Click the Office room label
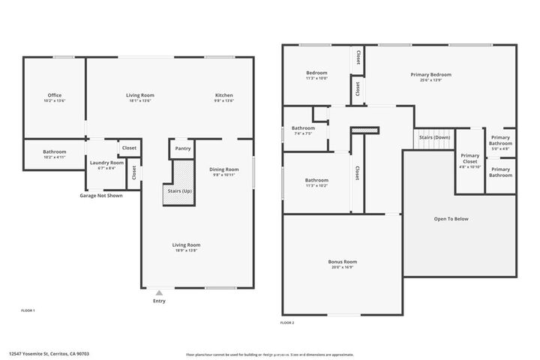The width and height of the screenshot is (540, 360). tap(54, 95)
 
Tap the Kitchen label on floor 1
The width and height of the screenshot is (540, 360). tap(224, 95)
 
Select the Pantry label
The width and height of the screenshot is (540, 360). tap(183, 148)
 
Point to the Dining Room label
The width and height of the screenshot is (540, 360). tap(223, 169)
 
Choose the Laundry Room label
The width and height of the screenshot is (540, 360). tap(106, 163)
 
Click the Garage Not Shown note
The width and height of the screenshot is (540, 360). tap(101, 196)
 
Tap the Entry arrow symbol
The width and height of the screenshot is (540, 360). tap(158, 292)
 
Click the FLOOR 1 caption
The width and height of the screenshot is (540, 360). tap(27, 310)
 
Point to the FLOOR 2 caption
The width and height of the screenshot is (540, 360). tap(287, 322)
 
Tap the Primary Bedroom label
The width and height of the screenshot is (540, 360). tap(430, 74)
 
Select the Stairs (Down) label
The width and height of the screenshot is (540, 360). tap(434, 137)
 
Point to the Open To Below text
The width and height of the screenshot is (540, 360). tap(451, 219)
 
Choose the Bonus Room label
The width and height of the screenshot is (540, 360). tap(342, 262)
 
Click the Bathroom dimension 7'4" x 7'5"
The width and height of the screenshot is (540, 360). tap(304, 133)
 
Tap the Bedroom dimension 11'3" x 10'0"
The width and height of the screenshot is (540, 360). tap(316, 78)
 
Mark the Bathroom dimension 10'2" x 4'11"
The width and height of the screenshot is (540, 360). tap(54, 157)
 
